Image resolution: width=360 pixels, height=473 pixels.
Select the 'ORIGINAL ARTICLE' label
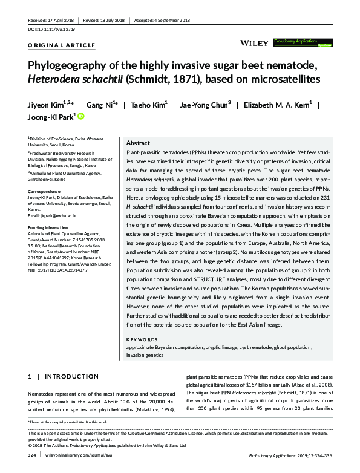click(x=61, y=45)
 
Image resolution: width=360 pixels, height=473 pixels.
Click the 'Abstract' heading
click(x=137, y=143)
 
